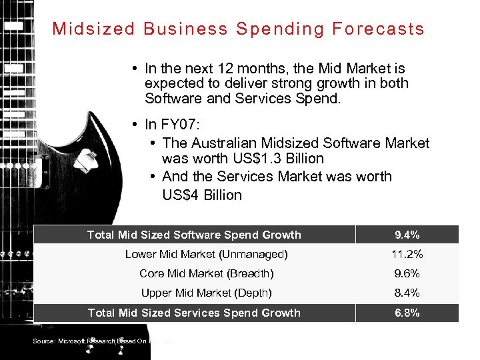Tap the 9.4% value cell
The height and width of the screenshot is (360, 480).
[x=407, y=235]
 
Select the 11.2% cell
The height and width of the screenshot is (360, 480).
[x=407, y=254]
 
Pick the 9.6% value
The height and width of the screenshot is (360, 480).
[x=407, y=273]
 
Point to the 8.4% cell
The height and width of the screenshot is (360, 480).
[x=407, y=293]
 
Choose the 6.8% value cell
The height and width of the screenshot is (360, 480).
[x=407, y=313]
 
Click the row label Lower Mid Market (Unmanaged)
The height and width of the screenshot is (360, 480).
[x=207, y=254]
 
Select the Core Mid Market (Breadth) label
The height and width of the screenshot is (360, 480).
[x=207, y=273]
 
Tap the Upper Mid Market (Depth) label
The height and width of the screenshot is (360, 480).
[x=207, y=293]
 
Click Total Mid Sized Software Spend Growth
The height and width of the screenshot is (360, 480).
[x=194, y=235]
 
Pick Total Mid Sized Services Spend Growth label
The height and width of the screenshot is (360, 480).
[x=194, y=313]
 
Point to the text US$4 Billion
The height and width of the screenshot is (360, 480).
[x=202, y=195]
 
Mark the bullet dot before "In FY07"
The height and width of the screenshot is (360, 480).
[x=135, y=125]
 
